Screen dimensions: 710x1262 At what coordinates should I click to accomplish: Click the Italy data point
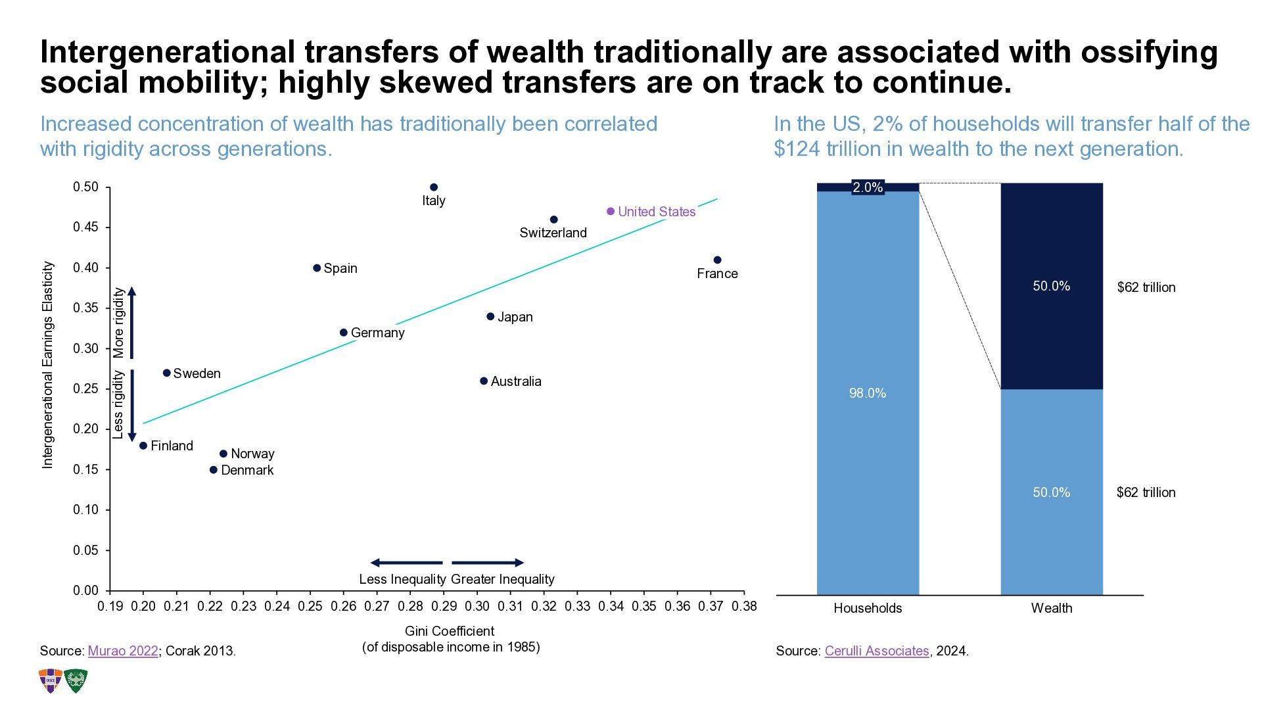pyautogui.click(x=433, y=187)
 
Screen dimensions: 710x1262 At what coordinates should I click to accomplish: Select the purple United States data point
pyautogui.click(x=611, y=212)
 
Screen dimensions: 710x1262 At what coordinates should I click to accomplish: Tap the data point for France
pyautogui.click(x=717, y=260)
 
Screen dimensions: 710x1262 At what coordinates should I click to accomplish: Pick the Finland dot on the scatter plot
pyautogui.click(x=143, y=446)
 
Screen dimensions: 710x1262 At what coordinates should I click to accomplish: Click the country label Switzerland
pyautogui.click(x=553, y=233)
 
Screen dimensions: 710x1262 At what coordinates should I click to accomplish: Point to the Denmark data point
pyautogui.click(x=213, y=470)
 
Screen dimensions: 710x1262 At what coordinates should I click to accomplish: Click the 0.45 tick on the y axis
pyautogui.click(x=85, y=227)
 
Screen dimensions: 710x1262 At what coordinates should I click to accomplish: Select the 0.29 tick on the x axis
pyautogui.click(x=444, y=606)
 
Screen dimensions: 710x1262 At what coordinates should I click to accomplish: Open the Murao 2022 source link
pyautogui.click(x=123, y=651)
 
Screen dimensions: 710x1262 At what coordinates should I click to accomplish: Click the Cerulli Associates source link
pyautogui.click(x=876, y=651)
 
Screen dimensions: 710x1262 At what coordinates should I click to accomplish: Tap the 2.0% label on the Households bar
pyautogui.click(x=868, y=188)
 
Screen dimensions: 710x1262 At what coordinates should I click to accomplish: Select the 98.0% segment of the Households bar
pyautogui.click(x=868, y=393)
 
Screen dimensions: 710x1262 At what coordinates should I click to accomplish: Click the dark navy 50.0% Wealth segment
pyautogui.click(x=1051, y=286)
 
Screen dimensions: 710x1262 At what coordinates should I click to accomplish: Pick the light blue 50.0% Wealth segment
pyautogui.click(x=1051, y=492)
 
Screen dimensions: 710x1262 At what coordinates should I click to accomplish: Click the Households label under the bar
pyautogui.click(x=868, y=608)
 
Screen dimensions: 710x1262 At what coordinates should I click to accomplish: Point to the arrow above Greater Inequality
pyautogui.click(x=488, y=563)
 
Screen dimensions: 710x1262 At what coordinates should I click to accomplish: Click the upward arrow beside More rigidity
pyautogui.click(x=131, y=322)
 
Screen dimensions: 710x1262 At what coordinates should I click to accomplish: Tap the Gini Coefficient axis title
pyautogui.click(x=450, y=631)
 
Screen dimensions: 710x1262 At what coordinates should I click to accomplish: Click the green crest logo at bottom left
pyautogui.click(x=76, y=681)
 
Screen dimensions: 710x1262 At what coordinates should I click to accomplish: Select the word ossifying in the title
pyautogui.click(x=1149, y=53)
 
